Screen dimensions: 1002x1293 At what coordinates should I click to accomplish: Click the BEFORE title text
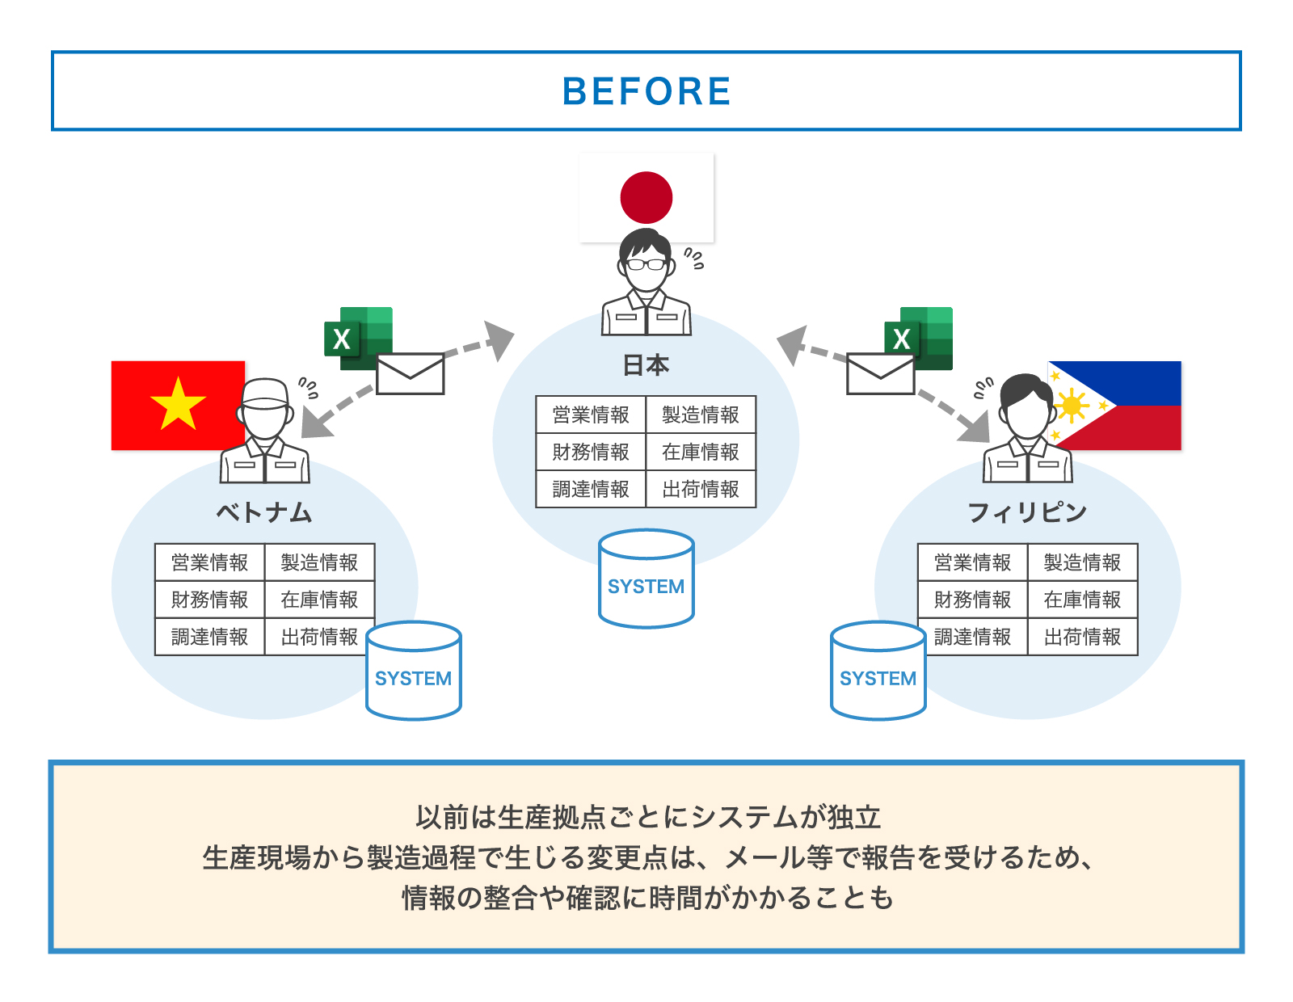[646, 91]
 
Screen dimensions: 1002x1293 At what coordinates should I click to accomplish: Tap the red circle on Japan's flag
[646, 197]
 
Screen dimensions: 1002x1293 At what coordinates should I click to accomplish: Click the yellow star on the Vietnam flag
[178, 404]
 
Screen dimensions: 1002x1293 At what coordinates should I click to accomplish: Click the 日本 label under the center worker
[646, 365]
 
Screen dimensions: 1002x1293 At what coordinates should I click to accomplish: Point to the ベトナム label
[264, 512]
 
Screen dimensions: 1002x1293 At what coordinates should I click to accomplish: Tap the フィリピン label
[1027, 512]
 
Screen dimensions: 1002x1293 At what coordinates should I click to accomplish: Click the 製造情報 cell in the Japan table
[701, 415]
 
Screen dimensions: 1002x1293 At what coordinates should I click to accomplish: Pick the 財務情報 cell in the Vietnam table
[210, 600]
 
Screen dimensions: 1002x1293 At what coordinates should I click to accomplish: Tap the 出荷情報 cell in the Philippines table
[1082, 637]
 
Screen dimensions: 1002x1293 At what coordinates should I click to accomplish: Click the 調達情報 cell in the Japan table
[591, 489]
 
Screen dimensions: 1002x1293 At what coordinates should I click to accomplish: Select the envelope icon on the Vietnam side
[411, 373]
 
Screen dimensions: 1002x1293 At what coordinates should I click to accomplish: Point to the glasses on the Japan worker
[646, 263]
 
